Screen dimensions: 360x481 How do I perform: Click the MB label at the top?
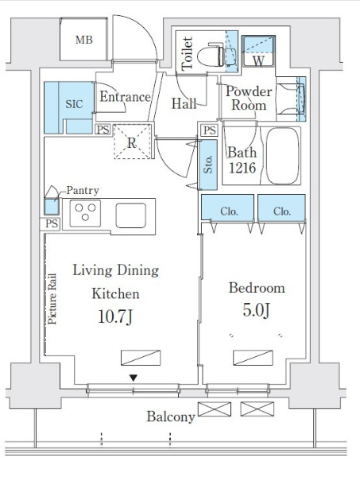[84, 40]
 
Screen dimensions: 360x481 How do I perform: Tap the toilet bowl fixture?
[211, 56]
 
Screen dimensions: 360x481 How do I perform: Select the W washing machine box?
[258, 51]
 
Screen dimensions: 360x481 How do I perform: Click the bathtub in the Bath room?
[282, 156]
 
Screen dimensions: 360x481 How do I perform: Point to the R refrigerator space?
[132, 142]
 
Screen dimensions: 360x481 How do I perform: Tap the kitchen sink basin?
[130, 215]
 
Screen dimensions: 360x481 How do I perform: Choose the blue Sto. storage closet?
[208, 165]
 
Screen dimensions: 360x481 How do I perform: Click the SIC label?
[74, 104]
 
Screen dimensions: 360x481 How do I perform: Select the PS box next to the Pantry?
[51, 223]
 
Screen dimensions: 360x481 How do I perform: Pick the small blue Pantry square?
[51, 207]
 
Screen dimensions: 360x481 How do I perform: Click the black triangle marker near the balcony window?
[133, 378]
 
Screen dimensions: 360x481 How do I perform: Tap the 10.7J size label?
[115, 316]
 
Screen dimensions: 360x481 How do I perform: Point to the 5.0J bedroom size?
[257, 310]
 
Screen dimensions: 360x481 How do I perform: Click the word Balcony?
[171, 417]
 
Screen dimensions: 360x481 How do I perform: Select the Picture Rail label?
[52, 299]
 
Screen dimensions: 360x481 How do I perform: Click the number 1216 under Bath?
[242, 168]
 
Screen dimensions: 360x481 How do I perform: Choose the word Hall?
[184, 103]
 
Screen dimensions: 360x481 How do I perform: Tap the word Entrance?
[125, 97]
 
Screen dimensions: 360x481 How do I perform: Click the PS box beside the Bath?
[210, 130]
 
